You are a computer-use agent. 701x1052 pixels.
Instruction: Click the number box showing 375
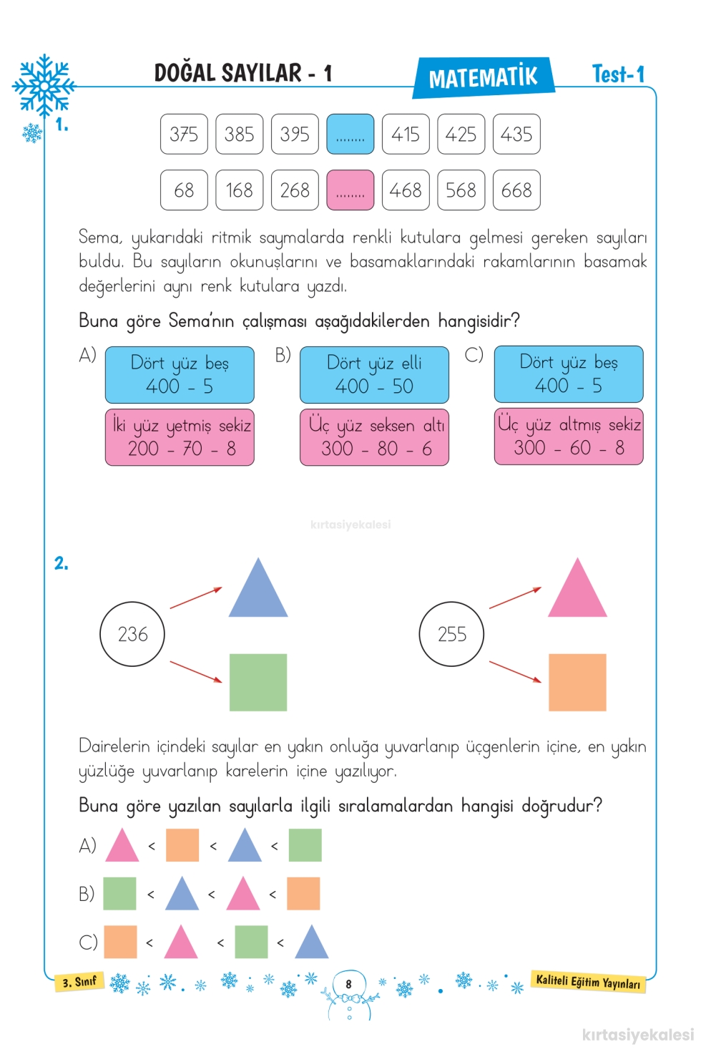pyautogui.click(x=184, y=134)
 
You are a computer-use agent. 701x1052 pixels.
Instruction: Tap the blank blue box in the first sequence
pyautogui.click(x=350, y=134)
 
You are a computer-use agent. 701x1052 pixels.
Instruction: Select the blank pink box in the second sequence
pyautogui.click(x=350, y=190)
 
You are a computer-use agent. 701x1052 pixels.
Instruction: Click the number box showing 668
pyautogui.click(x=516, y=190)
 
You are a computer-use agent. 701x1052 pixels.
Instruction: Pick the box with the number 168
pyautogui.click(x=239, y=190)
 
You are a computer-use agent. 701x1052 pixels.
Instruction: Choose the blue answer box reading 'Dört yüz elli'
pyautogui.click(x=374, y=374)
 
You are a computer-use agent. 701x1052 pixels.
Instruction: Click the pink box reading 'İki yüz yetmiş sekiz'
pyautogui.click(x=180, y=437)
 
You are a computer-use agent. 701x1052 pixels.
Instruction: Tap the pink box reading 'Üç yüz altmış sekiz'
pyautogui.click(x=569, y=437)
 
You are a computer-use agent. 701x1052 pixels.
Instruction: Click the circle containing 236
pyautogui.click(x=132, y=634)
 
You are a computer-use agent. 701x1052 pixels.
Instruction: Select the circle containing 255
pyautogui.click(x=451, y=634)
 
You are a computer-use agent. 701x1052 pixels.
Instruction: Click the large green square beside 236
pyautogui.click(x=258, y=682)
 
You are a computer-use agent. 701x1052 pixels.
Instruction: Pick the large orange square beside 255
pyautogui.click(x=577, y=682)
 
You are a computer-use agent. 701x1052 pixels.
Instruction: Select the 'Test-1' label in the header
pyautogui.click(x=618, y=74)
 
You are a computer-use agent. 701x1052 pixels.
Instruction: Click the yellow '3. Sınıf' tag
pyautogui.click(x=79, y=981)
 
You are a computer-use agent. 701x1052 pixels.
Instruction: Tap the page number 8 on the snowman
pyautogui.click(x=349, y=984)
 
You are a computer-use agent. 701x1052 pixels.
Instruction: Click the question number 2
pyautogui.click(x=62, y=564)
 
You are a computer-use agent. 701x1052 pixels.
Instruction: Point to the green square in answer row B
pyautogui.click(x=119, y=894)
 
